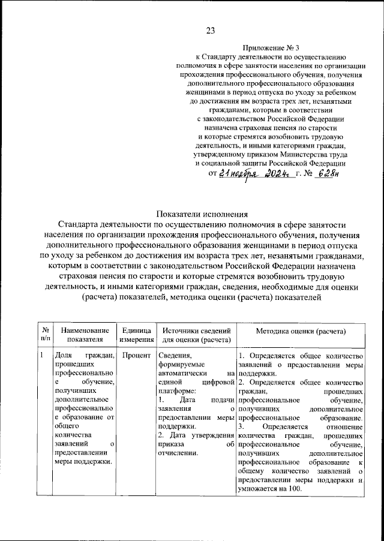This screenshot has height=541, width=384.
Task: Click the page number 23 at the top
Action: [x=211, y=31]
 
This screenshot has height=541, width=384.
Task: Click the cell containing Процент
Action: [x=136, y=355]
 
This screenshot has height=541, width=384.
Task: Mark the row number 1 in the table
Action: [x=41, y=355]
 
